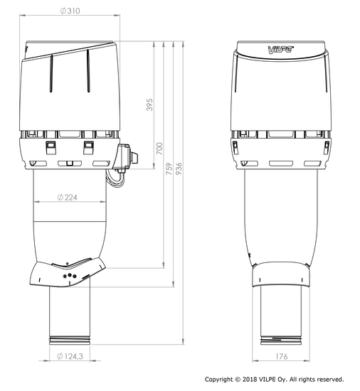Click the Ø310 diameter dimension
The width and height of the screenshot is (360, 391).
[x=68, y=12]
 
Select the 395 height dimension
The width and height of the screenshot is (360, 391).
[x=149, y=105]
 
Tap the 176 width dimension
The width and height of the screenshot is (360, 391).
[x=282, y=356]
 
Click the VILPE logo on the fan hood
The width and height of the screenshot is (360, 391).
[x=281, y=49]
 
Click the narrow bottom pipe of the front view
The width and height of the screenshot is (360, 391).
[x=282, y=313]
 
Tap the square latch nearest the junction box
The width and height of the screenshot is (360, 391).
[x=89, y=146]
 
